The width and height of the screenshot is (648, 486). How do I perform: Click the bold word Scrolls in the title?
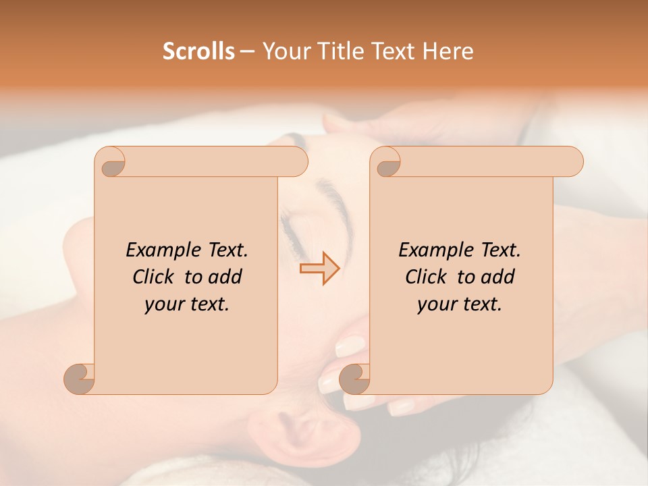pyautogui.click(x=199, y=51)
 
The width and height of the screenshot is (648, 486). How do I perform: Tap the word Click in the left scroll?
pyautogui.click(x=153, y=277)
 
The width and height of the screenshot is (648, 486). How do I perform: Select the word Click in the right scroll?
pyautogui.click(x=426, y=277)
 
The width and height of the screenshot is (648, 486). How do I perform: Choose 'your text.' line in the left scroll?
pyautogui.click(x=187, y=304)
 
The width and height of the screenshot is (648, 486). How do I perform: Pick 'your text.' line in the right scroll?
pyautogui.click(x=460, y=304)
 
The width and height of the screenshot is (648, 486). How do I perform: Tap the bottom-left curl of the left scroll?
pyautogui.click(x=80, y=379)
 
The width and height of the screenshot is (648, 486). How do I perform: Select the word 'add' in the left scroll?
pyautogui.click(x=225, y=277)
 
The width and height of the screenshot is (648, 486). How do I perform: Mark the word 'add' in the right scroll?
pyautogui.click(x=497, y=277)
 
